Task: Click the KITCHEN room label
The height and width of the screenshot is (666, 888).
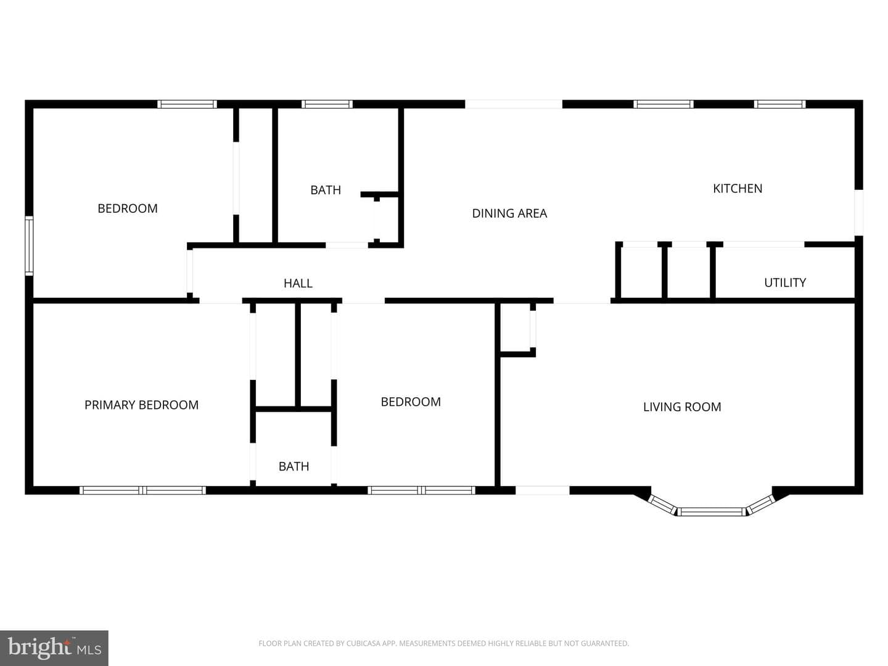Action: tap(737, 189)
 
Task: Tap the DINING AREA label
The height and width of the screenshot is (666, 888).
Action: tap(509, 213)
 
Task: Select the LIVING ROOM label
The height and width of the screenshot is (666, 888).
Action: tap(682, 407)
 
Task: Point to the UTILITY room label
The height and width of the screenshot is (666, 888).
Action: tap(785, 282)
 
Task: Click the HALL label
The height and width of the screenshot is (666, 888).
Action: tap(298, 284)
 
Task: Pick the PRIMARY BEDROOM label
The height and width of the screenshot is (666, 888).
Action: tap(142, 405)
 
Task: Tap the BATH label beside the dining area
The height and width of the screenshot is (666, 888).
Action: tap(326, 190)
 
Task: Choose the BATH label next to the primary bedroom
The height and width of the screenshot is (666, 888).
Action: tap(294, 467)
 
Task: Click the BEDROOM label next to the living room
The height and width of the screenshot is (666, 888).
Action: tap(411, 402)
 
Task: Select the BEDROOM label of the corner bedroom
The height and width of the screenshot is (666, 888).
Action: tap(128, 208)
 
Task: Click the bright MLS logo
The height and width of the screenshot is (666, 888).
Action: tap(54, 647)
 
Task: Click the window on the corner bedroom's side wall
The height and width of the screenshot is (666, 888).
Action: tap(29, 246)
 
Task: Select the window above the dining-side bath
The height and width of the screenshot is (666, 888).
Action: tap(327, 104)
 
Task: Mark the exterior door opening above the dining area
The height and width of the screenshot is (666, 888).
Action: tap(514, 104)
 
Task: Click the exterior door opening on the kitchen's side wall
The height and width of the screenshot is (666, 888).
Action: tap(858, 212)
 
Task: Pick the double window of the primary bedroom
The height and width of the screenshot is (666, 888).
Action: tap(142, 490)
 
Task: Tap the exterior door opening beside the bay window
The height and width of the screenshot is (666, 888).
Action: tap(543, 490)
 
